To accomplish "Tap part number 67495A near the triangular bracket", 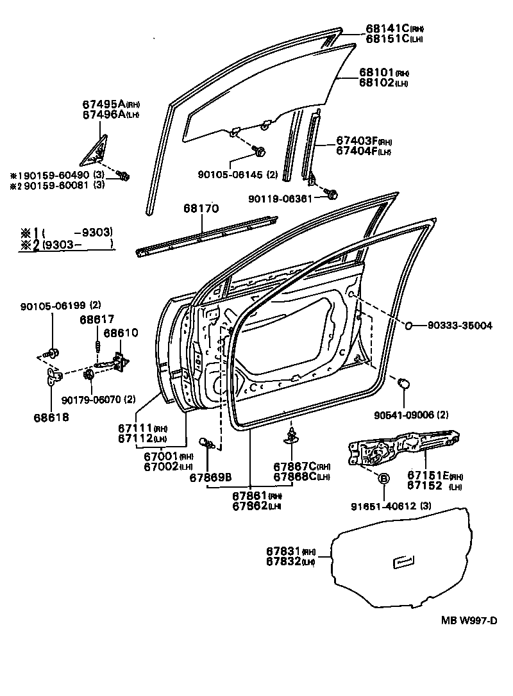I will click(103, 104).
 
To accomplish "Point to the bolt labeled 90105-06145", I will click(260, 152).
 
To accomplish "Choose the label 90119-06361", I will click(280, 199).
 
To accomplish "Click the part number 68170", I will click(201, 209).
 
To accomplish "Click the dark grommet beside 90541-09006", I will click(404, 383).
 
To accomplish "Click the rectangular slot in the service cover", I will click(405, 562).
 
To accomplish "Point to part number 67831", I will click(283, 551).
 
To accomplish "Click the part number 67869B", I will click(210, 476).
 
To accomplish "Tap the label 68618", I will click(52, 417).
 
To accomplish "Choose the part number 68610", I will click(120, 334).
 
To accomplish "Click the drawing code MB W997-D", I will click(469, 620).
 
